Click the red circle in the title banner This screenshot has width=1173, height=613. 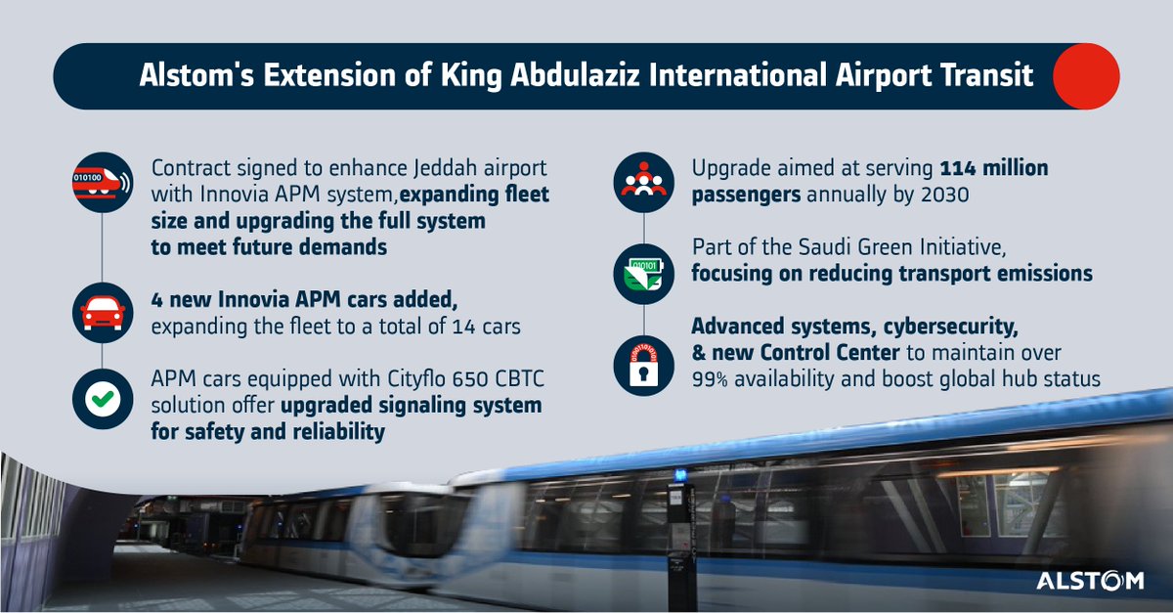point(1085,75)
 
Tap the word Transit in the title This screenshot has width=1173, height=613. point(986,75)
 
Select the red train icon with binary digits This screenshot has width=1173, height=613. point(103,181)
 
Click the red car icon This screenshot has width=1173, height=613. point(103,311)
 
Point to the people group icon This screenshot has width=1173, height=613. point(642,181)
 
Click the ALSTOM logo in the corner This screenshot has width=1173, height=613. point(1089,581)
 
